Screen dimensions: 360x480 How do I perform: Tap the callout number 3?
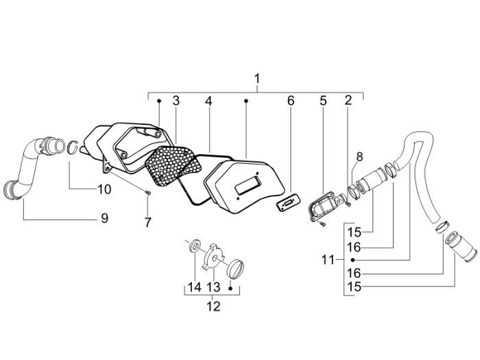click(176, 101)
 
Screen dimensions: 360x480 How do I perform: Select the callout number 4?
click(208, 101)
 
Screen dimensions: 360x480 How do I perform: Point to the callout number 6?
click(290, 101)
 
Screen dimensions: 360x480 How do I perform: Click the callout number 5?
click(322, 101)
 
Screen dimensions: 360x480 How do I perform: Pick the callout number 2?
click(348, 101)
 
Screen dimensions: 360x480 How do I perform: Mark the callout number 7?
click(146, 221)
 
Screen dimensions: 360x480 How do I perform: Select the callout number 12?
click(213, 306)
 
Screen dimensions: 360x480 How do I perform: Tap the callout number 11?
click(327, 260)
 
